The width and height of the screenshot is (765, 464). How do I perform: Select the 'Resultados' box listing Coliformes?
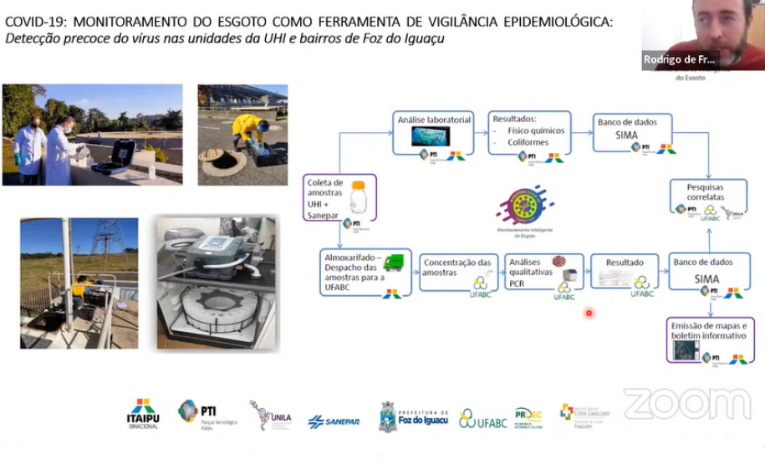[x=529, y=132]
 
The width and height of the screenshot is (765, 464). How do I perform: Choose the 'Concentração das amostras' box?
[x=457, y=273]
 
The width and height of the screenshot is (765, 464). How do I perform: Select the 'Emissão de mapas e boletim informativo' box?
[x=709, y=339]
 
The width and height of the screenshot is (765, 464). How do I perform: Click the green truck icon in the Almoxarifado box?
[x=394, y=262]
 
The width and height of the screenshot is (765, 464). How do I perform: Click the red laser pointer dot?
[x=589, y=314]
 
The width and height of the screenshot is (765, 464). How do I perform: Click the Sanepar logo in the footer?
[x=334, y=421]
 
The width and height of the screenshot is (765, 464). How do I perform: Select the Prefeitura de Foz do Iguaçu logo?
[x=414, y=416]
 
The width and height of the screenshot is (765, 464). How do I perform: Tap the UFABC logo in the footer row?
[x=479, y=419]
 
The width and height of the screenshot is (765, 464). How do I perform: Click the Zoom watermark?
[x=686, y=404]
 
